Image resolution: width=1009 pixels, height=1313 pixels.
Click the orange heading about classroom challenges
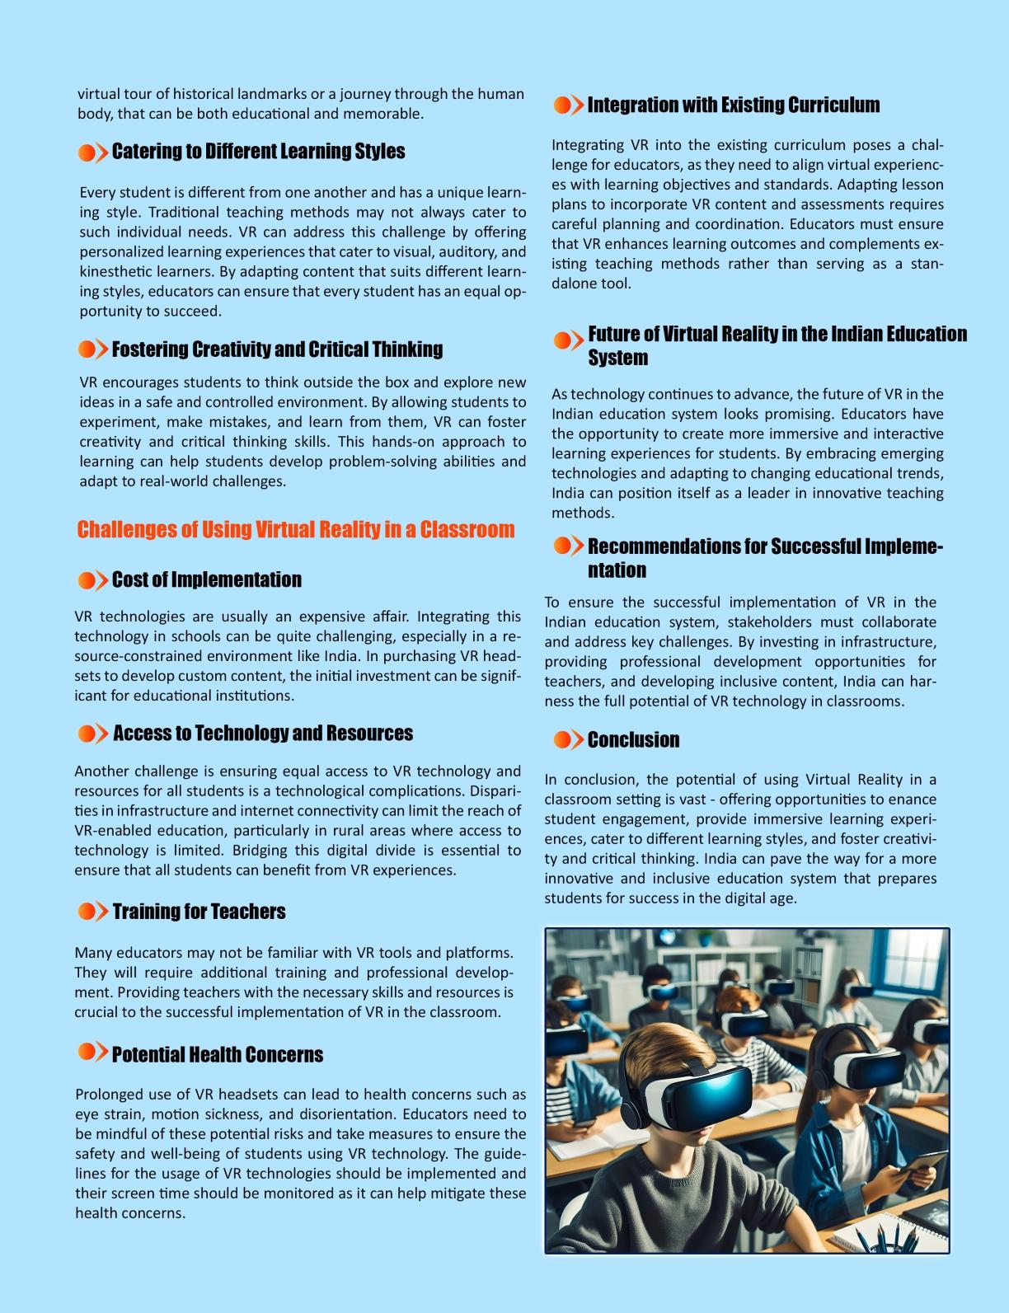[295, 529]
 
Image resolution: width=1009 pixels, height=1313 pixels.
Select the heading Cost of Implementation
[206, 579]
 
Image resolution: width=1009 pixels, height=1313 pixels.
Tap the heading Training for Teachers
[199, 912]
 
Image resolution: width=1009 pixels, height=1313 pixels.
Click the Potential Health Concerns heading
[217, 1054]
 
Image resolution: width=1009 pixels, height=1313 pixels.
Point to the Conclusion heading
[633, 739]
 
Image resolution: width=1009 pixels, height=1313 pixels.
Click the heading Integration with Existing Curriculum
[733, 105]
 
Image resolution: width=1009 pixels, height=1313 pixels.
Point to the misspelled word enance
[914, 799]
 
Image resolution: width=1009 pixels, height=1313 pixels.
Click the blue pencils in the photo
[877, 1237]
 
